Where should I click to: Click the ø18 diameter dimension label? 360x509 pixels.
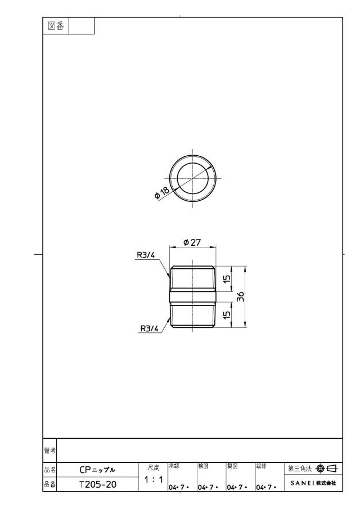point(162,193)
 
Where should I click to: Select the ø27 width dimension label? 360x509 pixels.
point(192,242)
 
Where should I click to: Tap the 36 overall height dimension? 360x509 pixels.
point(240,297)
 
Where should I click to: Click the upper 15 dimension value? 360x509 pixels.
point(227,278)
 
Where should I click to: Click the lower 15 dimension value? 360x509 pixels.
point(227,314)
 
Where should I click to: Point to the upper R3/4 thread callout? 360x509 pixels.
point(146,255)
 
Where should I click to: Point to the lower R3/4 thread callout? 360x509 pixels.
point(149,328)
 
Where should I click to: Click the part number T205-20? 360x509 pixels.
point(98,484)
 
